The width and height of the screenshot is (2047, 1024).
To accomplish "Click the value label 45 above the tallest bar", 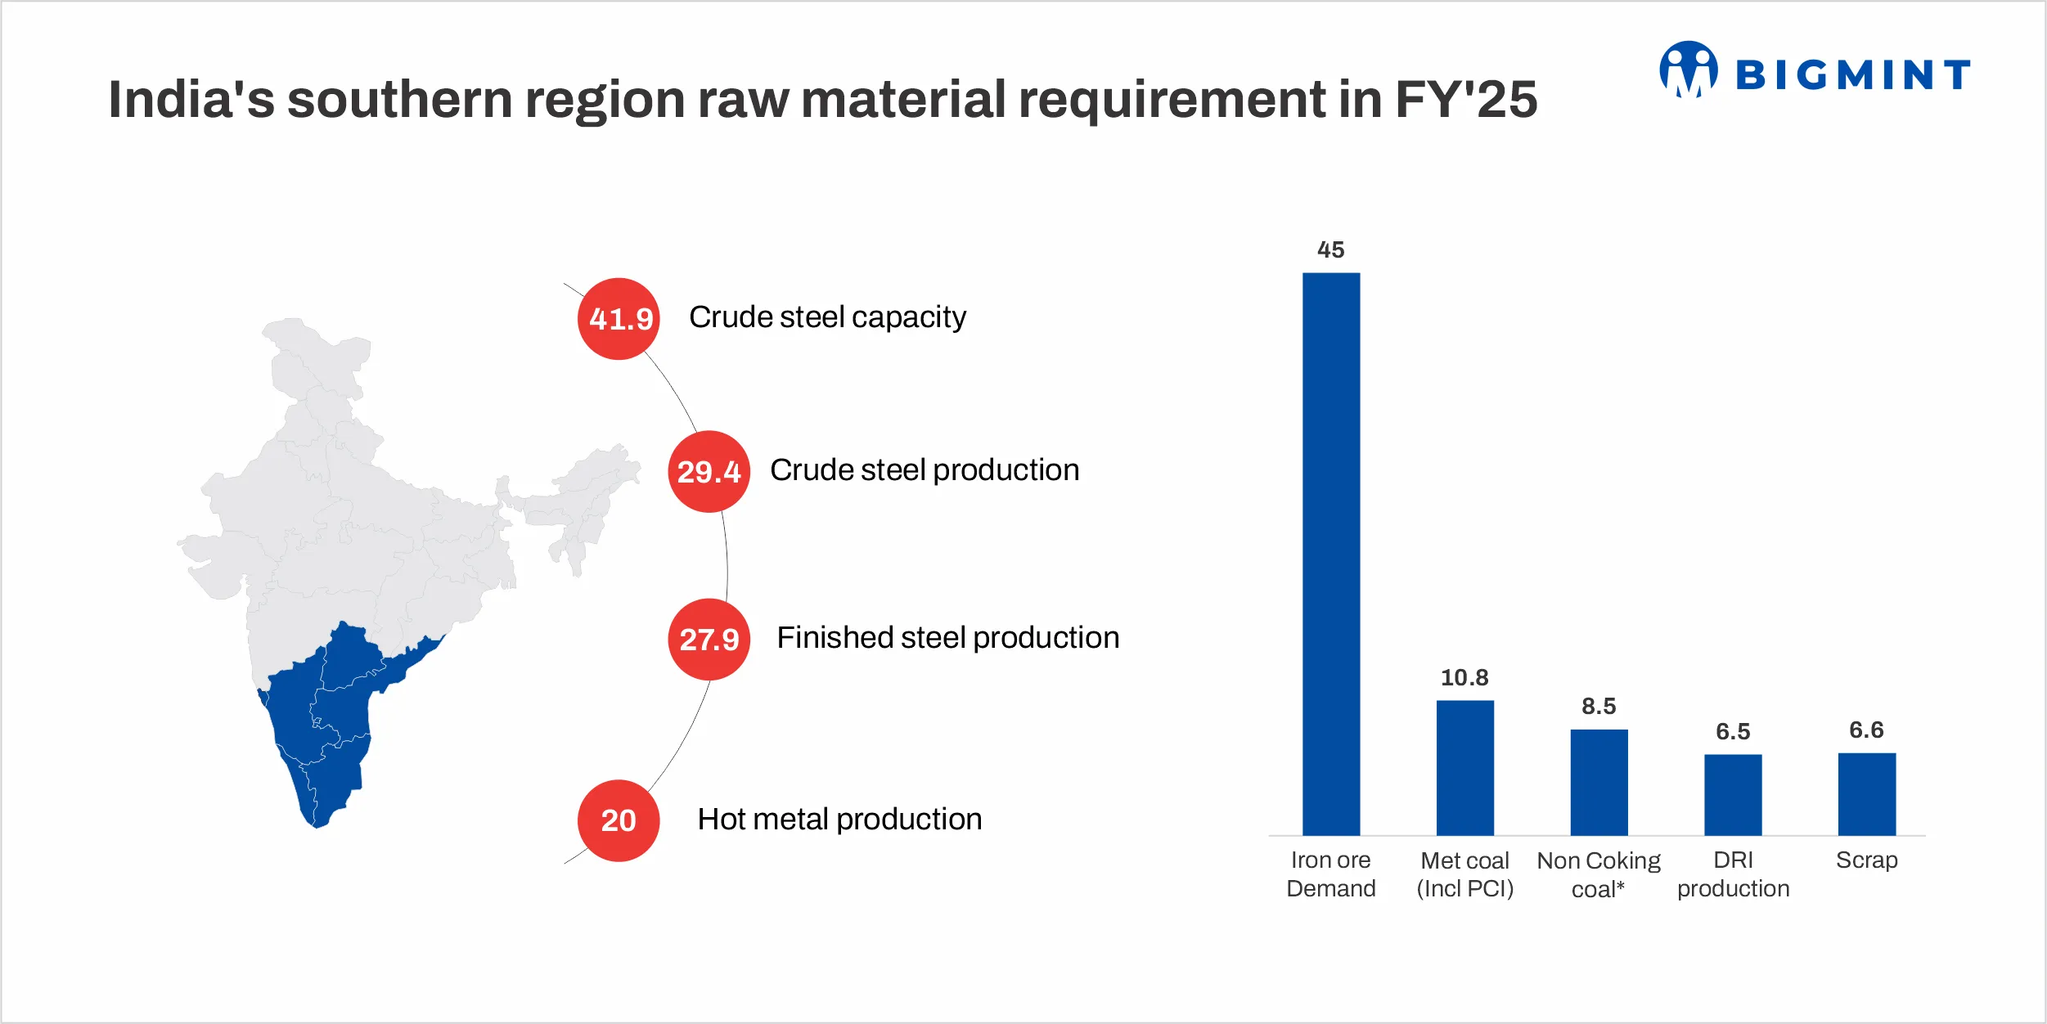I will [x=1331, y=249].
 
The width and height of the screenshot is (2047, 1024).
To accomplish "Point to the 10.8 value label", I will [x=1464, y=677].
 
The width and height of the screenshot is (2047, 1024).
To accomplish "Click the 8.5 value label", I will [x=1599, y=706].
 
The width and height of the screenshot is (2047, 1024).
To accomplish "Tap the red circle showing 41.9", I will [x=619, y=319].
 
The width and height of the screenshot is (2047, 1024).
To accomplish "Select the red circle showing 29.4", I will [x=709, y=472].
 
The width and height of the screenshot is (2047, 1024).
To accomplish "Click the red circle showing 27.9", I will [x=709, y=640].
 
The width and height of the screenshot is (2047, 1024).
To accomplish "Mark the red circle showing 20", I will [x=619, y=820].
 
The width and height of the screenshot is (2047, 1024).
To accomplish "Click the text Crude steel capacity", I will [x=827, y=317].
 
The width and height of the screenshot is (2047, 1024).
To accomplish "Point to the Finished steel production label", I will [x=947, y=638].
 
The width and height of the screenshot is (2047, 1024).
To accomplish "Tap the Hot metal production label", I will [x=839, y=820].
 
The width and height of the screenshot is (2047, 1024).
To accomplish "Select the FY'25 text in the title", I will [x=1465, y=100].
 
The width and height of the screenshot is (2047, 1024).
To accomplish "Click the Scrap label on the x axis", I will [x=1866, y=860].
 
